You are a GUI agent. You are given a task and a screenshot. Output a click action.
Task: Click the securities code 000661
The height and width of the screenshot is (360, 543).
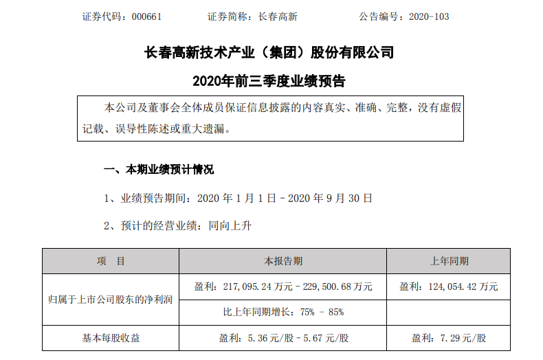coord(146,16)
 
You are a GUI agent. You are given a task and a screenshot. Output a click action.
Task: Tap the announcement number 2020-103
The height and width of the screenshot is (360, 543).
coord(429,16)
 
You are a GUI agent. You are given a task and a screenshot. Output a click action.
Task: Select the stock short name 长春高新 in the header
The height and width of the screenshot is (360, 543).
coord(278,16)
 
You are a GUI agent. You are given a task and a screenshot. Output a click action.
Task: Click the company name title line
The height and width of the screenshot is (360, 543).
coord(269,53)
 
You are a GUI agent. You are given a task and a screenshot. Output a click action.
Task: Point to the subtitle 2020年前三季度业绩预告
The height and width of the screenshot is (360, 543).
coord(269,81)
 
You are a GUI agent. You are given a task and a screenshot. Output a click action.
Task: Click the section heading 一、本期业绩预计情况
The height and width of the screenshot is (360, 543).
coord(159,170)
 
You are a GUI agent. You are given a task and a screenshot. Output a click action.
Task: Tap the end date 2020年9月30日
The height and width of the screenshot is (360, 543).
coord(331,199)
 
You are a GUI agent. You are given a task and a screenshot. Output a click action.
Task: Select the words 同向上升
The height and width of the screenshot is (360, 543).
coord(230,226)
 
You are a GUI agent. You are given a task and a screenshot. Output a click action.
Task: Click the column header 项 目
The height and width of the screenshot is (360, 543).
coord(111,261)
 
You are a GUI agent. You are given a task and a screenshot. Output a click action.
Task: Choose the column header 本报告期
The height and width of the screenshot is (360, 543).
coord(283,261)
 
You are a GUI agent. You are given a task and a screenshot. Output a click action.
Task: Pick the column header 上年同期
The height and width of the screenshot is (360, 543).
coord(449,261)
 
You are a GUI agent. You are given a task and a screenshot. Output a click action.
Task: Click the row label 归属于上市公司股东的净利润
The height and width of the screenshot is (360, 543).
coord(111,300)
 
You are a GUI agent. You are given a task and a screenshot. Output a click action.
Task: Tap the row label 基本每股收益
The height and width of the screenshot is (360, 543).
coord(111,338)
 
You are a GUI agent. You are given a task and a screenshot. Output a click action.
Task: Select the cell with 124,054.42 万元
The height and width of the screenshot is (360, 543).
coord(448,286)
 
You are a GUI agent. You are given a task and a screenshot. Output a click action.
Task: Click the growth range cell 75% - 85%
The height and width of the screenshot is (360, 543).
coord(283,312)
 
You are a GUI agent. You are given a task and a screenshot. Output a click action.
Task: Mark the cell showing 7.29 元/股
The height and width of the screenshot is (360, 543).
coord(448,338)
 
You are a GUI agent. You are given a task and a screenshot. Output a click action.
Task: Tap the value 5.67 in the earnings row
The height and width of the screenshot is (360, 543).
coord(313,338)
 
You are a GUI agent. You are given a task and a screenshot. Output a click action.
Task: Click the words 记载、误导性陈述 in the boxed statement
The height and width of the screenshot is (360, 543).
coord(120,128)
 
